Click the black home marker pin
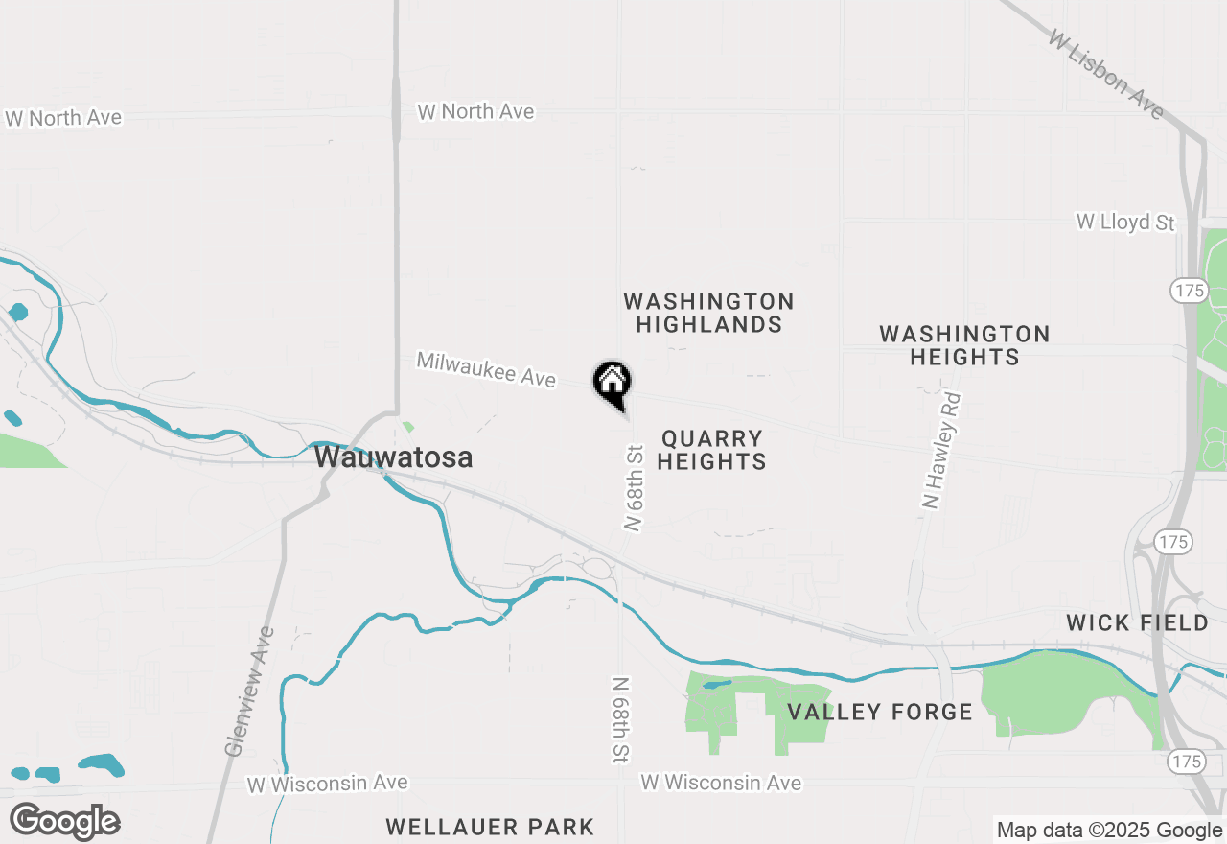click(x=612, y=385)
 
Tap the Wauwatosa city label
click(x=393, y=457)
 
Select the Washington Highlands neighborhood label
click(x=708, y=314)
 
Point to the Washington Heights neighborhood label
click(x=964, y=345)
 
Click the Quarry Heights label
click(x=713, y=450)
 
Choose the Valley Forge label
click(x=879, y=712)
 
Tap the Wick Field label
click(x=1138, y=623)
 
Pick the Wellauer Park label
click(x=490, y=827)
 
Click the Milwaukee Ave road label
click(x=486, y=370)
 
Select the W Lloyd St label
click(x=1124, y=223)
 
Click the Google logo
click(x=64, y=822)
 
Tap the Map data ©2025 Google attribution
click(x=1109, y=831)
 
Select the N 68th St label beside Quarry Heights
click(x=634, y=487)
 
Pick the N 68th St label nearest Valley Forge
click(x=621, y=719)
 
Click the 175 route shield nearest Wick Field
click(x=1173, y=542)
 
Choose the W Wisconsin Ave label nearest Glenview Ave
click(x=327, y=784)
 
